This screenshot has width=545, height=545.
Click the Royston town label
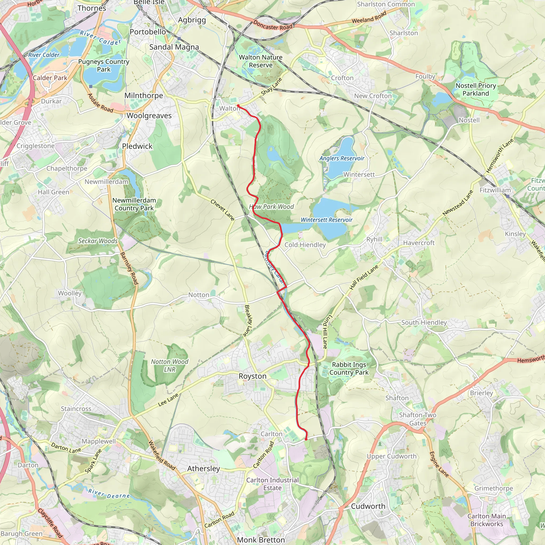(253, 376)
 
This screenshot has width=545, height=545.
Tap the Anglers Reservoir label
(342, 158)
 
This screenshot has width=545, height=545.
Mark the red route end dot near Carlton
(306, 439)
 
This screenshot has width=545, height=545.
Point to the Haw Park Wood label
(271, 207)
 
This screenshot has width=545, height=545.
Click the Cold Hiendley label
(305, 245)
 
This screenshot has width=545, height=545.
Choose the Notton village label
(199, 295)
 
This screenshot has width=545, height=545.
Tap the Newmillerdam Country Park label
(134, 204)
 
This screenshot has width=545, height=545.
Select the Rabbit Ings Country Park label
(349, 368)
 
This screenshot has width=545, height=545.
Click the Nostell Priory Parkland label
(476, 89)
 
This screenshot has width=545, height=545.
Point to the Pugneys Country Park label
(104, 65)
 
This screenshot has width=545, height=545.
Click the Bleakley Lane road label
(247, 321)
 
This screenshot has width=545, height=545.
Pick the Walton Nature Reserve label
(260, 61)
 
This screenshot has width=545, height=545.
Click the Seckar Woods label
(98, 241)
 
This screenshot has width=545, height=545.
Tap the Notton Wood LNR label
(170, 365)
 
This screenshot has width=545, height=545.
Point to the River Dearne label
(109, 494)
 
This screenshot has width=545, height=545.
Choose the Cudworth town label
(368, 506)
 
